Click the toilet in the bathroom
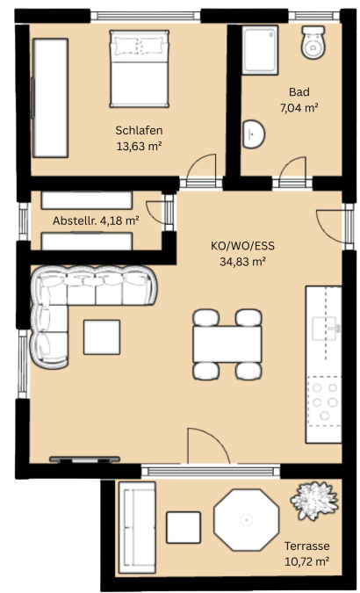pos(313,42)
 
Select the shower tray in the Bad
pos(260,50)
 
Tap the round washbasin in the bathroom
pos(253,134)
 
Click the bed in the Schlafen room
pos(139,69)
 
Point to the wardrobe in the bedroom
pos(50,98)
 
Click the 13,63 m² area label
pos(139,147)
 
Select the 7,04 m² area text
pos(299,108)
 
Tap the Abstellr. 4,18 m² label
pos(96,221)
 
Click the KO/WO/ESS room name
pos(242,246)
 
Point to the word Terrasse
pos(307,546)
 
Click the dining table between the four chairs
pos(227,344)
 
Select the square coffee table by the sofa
pos(102,337)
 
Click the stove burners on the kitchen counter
pos(325,401)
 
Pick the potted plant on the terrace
pos(314,501)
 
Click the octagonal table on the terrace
pos(246,519)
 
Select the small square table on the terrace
pos(184,527)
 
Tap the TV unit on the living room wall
pos(84,459)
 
